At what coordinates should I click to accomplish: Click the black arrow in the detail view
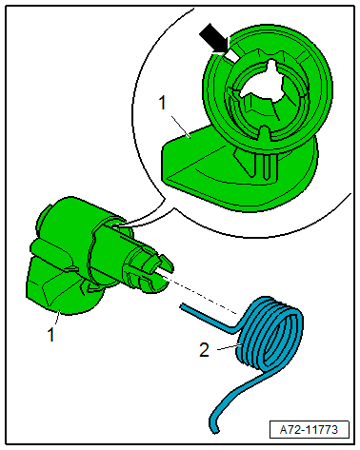coord(214,39)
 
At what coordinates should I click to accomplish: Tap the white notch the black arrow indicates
coord(232,55)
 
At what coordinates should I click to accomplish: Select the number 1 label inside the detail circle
coord(163,103)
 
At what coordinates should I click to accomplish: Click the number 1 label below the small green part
coord(50,335)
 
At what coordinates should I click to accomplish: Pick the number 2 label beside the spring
coord(204,350)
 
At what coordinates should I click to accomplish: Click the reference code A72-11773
coord(309,430)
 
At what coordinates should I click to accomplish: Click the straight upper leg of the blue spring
coord(208,318)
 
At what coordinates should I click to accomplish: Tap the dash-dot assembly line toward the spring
coord(201,295)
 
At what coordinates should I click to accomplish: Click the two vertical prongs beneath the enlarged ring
coord(265,165)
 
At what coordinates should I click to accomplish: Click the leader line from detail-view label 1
coord(181,127)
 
